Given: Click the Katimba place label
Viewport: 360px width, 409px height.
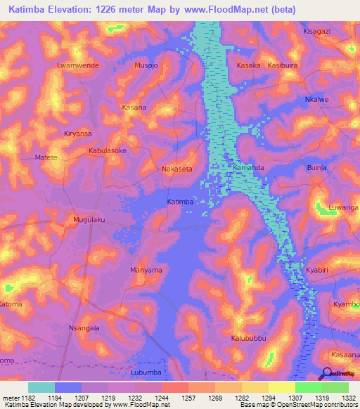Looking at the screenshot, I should click(x=180, y=202).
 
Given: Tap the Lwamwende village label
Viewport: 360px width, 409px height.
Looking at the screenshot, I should click(x=77, y=65).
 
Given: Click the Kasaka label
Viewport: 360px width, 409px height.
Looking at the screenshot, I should click(x=249, y=65).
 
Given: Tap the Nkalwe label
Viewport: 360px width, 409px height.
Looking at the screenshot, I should click(x=317, y=99).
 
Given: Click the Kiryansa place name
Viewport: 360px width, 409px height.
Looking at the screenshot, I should click(x=78, y=133).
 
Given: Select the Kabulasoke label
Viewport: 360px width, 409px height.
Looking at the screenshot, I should click(x=108, y=150).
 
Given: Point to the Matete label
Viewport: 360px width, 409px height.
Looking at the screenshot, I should click(x=46, y=158).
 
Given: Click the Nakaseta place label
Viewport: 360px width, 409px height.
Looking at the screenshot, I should click(x=176, y=169).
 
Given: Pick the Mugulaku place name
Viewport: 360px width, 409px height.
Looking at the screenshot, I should click(x=89, y=220).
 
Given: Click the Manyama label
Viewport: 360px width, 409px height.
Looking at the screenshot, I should click(x=146, y=270).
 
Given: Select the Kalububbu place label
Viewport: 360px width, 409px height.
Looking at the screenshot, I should click(x=250, y=338).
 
